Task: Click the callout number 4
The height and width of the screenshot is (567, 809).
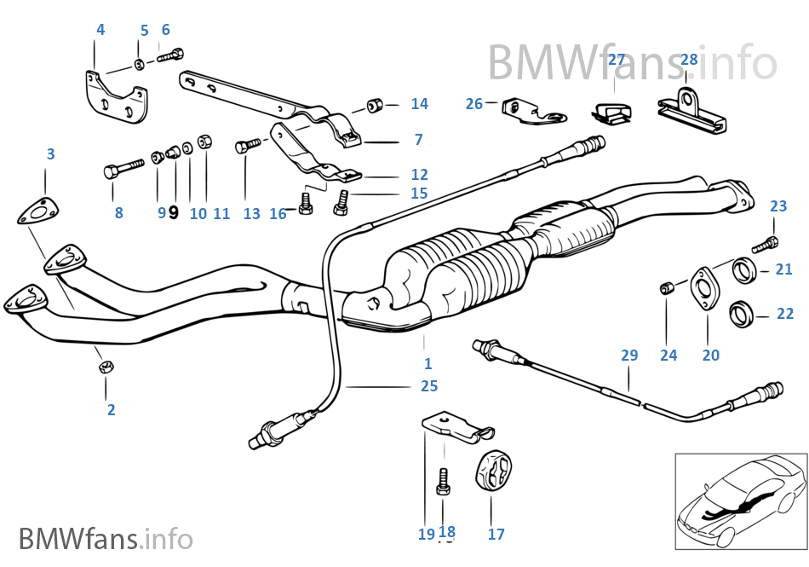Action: pyautogui.click(x=100, y=30)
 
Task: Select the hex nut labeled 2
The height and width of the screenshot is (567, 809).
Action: pyautogui.click(x=106, y=367)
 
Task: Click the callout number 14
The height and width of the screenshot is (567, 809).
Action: pyautogui.click(x=419, y=104)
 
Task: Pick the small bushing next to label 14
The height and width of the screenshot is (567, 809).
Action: pyautogui.click(x=374, y=106)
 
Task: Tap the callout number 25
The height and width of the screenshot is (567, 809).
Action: pyautogui.click(x=428, y=386)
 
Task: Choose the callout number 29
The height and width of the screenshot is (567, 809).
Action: pyautogui.click(x=628, y=356)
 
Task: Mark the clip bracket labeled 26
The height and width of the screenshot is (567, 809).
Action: pyautogui.click(x=525, y=110)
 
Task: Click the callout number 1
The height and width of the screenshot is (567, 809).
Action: pyautogui.click(x=427, y=364)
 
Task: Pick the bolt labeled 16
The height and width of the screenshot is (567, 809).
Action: pyautogui.click(x=306, y=203)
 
